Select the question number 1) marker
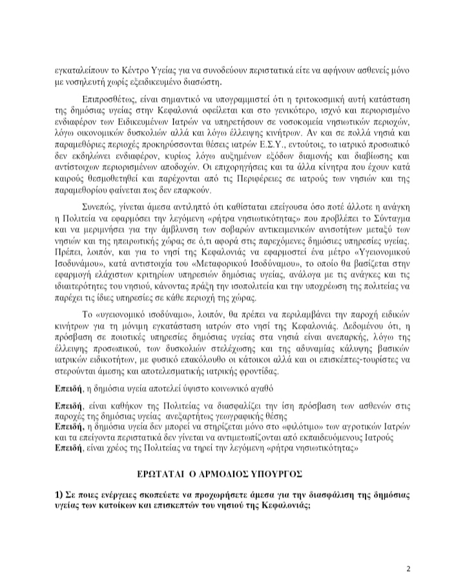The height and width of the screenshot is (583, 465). pos(59,494)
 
